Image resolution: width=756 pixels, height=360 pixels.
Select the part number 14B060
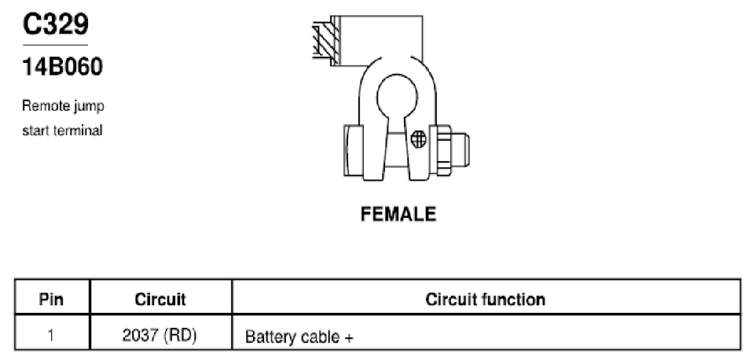[x=63, y=67]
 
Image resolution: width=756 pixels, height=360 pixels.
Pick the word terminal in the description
[x=77, y=130]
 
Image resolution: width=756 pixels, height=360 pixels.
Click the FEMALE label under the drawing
[x=398, y=214]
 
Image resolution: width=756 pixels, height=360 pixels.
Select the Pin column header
[x=51, y=299]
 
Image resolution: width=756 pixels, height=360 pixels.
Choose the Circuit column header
[x=160, y=299]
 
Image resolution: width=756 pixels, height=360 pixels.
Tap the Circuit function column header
[x=486, y=299]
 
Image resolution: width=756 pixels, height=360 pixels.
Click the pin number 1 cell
[x=52, y=336]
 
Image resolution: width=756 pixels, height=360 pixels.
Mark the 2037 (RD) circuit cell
[x=160, y=336]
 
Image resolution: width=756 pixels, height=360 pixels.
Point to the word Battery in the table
[x=271, y=337]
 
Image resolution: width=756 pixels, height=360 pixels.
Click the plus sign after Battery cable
[x=349, y=337]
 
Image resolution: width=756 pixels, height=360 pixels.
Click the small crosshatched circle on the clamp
[x=419, y=140]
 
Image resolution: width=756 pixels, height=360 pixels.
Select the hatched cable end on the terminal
[x=326, y=40]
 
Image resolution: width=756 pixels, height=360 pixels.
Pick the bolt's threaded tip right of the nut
[x=461, y=149]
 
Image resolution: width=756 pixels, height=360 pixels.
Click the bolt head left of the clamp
[x=354, y=150]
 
